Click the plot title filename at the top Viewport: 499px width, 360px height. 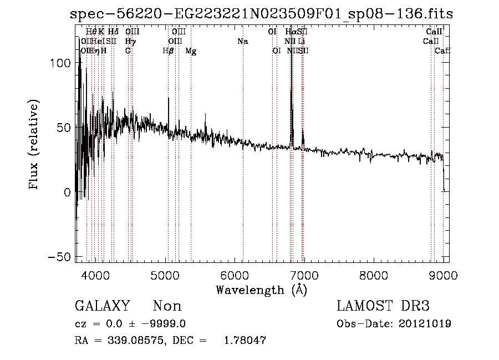pos(262,14)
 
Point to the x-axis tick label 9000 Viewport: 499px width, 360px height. pos(442,275)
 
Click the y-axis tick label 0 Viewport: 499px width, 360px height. pos(68,192)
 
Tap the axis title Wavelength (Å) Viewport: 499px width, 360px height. pos(261,290)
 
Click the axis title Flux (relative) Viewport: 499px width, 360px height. pos(34,145)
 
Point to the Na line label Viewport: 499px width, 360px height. pos(242,42)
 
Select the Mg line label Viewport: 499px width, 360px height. pos(191,51)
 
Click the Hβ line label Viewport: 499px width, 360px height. pos(168,51)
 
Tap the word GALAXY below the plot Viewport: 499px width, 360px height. pos(103,306)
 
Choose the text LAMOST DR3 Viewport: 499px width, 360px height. pos(383,306)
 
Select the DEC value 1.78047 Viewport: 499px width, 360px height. pos(245,341)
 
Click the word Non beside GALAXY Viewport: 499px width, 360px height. pos(167,306)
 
